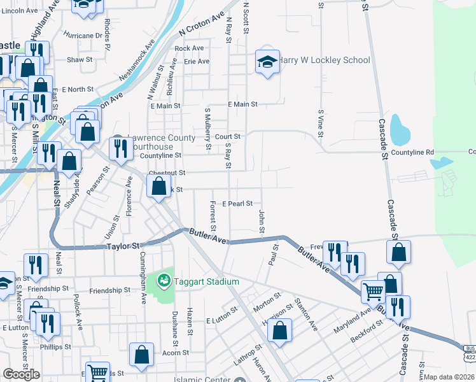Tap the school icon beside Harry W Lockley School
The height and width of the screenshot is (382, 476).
pyautogui.click(x=267, y=62)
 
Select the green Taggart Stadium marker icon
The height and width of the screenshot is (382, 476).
pyautogui.click(x=164, y=279)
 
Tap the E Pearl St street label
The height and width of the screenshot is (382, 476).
pyautogui.click(x=237, y=204)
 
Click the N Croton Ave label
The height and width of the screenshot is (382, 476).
pyautogui.click(x=202, y=24)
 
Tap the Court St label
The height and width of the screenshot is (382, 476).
pyautogui.click(x=227, y=136)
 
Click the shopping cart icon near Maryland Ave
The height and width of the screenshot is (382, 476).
pyautogui.click(x=373, y=292)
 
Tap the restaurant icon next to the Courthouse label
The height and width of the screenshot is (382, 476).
pyautogui.click(x=119, y=148)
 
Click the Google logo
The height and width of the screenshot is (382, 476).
pyautogui.click(x=21, y=374)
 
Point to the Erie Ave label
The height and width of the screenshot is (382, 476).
pyautogui.click(x=196, y=62)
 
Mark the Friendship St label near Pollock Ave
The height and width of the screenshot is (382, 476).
pyautogui.click(x=109, y=290)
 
